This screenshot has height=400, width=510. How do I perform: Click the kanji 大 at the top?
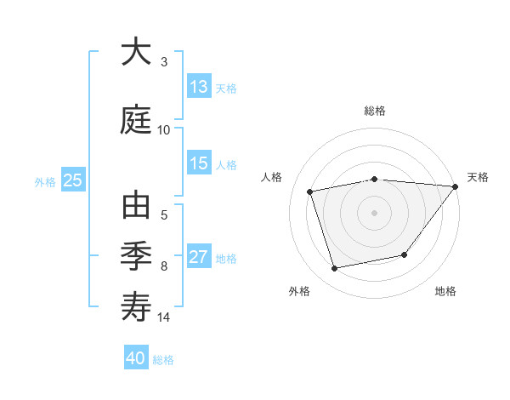point(136,53)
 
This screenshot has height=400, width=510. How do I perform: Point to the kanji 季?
point(136,256)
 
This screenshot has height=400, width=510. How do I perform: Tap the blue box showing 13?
point(199,87)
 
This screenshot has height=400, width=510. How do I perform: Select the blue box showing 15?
point(199,163)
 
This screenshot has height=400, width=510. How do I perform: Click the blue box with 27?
point(199,257)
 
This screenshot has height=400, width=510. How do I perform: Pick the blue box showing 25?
point(72,180)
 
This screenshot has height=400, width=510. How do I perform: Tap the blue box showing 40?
point(136,358)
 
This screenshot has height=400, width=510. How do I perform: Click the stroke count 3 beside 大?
point(164,62)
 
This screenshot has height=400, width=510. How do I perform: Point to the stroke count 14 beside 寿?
point(164,317)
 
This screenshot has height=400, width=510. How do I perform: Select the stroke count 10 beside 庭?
point(164,130)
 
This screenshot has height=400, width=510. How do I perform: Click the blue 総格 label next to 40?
point(163,360)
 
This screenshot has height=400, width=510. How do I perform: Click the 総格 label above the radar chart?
point(375,111)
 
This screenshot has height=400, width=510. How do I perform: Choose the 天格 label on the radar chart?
point(478,177)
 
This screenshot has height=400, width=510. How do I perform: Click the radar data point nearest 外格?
point(335,269)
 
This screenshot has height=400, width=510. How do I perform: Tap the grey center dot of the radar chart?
point(374,212)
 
